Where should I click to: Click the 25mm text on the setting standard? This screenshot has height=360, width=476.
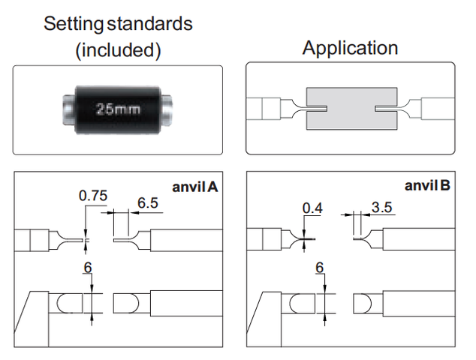(118, 109)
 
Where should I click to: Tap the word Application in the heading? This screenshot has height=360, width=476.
(350, 48)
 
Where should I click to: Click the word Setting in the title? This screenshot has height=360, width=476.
(74, 24)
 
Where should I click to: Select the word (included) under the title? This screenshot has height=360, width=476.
(118, 50)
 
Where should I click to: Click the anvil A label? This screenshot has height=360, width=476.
(195, 187)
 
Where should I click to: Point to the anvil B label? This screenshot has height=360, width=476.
(427, 185)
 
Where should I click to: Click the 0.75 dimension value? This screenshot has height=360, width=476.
(93, 196)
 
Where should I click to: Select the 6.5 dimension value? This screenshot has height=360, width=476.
(148, 202)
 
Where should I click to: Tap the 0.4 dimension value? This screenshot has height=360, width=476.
(312, 208)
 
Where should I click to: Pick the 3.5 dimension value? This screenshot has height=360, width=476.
(382, 208)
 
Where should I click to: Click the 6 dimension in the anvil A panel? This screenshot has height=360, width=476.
(88, 268)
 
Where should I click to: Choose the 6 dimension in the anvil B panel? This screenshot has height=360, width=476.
(320, 268)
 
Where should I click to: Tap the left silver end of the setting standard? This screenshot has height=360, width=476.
(68, 109)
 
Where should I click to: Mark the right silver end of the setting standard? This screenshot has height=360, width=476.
(167, 109)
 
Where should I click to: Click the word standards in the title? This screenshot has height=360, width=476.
(150, 24)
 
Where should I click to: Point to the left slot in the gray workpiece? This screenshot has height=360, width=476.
(317, 109)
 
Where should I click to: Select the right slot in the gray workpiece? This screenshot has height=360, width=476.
(386, 109)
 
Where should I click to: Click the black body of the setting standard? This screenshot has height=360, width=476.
(118, 109)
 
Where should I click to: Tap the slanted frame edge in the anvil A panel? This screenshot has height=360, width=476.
(23, 313)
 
